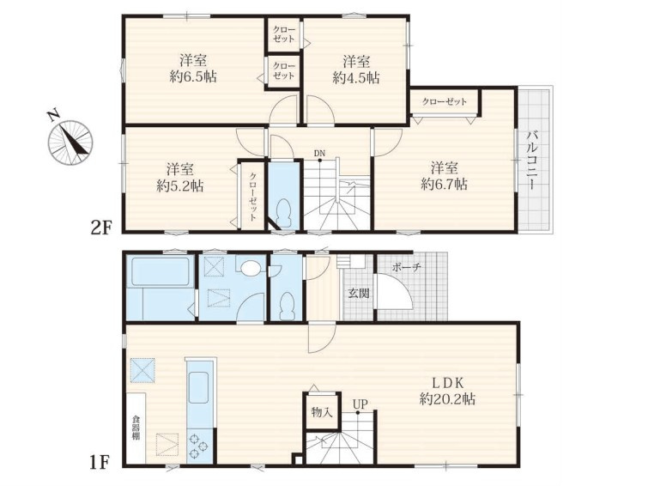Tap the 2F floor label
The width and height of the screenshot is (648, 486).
coord(101,228)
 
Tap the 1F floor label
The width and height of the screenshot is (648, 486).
coord(100,463)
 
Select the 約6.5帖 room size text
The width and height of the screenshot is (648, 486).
coord(193,77)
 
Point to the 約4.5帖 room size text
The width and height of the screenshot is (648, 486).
coord(356,78)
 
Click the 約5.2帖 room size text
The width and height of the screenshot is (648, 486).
coord(179,186)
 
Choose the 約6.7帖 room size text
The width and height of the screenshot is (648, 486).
coord(445,184)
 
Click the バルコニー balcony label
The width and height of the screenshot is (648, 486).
coord(532,160)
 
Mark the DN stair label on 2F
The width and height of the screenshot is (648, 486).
coord(319,154)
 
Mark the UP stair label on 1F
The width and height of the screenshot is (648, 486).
coord(360,404)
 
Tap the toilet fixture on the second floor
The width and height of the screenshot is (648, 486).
coord(284,212)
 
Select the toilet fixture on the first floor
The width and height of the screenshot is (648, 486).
coord(287,305)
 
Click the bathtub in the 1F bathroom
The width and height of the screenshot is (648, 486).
coord(160,271)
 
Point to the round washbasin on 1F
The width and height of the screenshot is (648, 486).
coord(250,268)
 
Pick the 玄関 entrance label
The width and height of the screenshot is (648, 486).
coord(358,294)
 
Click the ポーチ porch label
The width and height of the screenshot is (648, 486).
coord(407,267)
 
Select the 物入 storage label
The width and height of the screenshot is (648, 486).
coord(322,412)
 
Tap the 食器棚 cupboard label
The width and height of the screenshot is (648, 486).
coord(136,428)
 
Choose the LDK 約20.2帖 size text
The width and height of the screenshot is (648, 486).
coord(447,391)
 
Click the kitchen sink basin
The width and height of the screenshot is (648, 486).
coord(198,387)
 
